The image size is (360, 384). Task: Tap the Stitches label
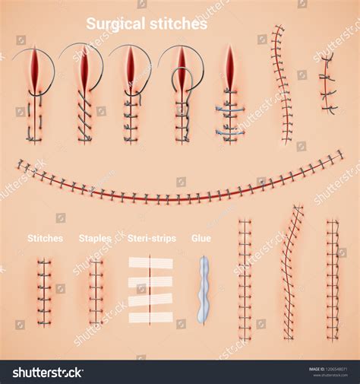tap(45, 238)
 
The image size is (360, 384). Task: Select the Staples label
tap(95, 238)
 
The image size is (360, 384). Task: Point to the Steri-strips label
tap(152, 238)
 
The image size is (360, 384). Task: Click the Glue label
tap(201, 238)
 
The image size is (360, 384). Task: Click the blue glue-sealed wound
tap(203, 290)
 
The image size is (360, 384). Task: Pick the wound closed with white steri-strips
tap(150, 290)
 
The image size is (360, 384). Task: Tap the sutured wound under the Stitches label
tap(45, 292)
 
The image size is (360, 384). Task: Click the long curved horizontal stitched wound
tap(180, 186)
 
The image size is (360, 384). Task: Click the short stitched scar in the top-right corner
tap(327, 84)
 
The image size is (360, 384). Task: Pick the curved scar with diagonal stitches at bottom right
tap(292, 271)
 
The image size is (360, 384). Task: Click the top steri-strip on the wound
tap(150, 262)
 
